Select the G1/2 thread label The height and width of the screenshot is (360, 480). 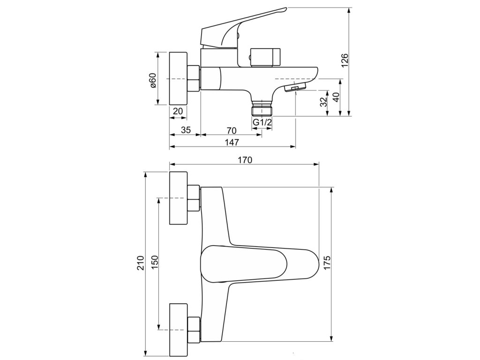262,122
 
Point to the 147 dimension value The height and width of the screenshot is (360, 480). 232,142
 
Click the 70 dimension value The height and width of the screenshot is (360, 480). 231,130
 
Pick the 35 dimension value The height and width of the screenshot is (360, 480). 185,130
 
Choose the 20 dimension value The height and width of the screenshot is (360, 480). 178,111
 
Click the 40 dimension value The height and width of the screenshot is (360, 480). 335,97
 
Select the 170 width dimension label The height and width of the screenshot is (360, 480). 244,159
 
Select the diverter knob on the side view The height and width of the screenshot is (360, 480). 265,57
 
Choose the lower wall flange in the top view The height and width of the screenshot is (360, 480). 178,329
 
